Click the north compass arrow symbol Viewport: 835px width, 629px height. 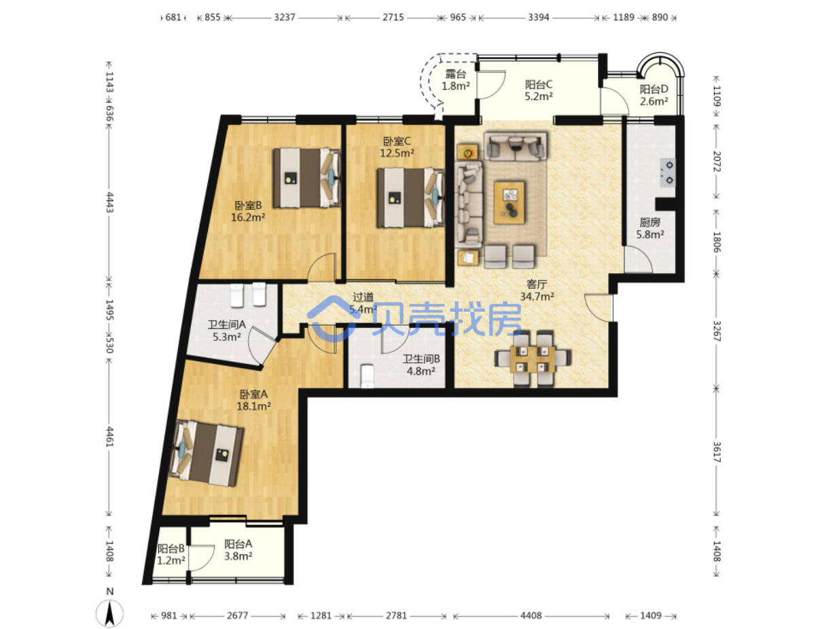point(109,612)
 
